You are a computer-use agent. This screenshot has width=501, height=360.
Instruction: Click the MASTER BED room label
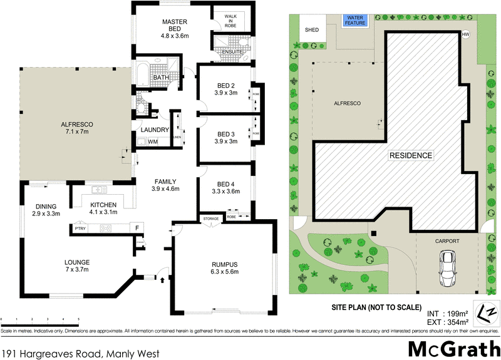tap(175, 23)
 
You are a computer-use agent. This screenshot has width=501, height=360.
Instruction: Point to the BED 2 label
tap(225, 86)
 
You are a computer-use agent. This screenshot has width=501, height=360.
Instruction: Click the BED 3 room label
tap(225, 134)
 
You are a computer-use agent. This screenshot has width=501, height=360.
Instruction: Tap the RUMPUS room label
tap(224, 264)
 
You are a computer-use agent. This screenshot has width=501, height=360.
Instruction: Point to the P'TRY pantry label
tap(80, 229)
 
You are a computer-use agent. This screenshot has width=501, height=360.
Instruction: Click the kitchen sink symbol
tap(98, 190)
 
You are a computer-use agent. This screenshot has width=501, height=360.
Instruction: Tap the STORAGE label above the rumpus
tap(210, 219)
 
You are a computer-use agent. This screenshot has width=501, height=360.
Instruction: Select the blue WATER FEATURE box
tap(354, 21)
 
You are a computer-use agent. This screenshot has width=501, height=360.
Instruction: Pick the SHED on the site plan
tap(311, 29)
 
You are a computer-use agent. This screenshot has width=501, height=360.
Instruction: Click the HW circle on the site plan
tap(465, 34)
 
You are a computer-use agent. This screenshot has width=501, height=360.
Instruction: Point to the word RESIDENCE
tap(410, 155)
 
